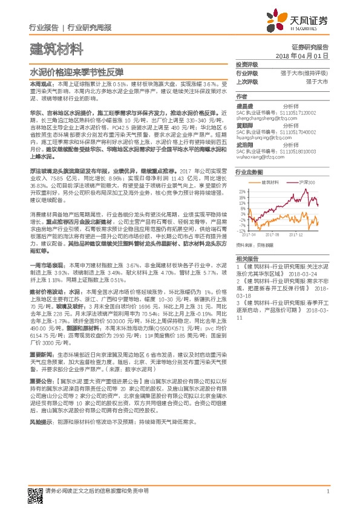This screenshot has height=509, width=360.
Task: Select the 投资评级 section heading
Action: (247, 64)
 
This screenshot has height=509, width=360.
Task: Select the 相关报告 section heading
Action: (247, 258)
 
